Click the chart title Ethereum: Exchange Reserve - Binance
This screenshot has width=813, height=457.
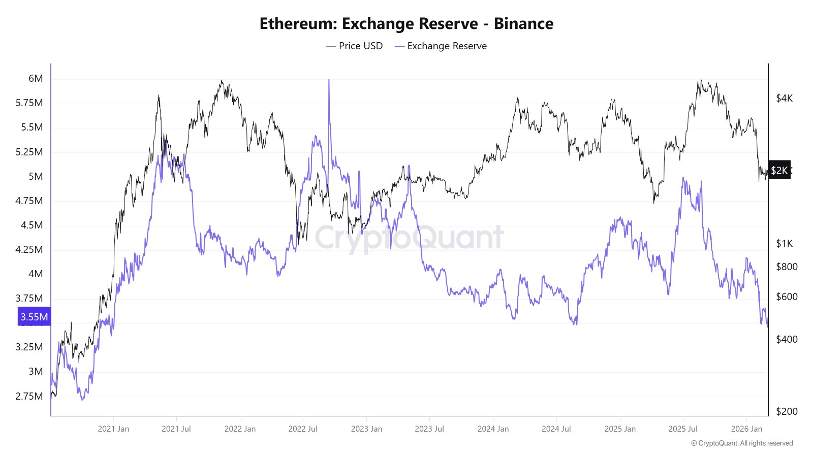tap(407, 24)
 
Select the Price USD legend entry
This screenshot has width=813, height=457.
tap(355, 46)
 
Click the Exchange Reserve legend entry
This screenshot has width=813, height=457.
tap(441, 46)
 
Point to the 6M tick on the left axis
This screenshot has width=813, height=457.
tap(36, 78)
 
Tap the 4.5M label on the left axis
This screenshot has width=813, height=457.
tap(32, 225)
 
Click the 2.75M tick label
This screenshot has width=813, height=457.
tap(29, 396)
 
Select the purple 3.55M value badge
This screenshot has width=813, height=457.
tap(34, 317)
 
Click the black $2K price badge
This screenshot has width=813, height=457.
tap(779, 171)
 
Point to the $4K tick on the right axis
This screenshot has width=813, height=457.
tap(784, 98)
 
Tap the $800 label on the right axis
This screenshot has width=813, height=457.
tap(787, 267)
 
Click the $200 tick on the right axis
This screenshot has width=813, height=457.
tap(787, 411)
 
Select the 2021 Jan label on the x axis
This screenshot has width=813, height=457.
tap(113, 429)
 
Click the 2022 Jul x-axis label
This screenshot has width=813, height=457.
tap(303, 429)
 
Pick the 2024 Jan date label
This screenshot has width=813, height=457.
tap(493, 429)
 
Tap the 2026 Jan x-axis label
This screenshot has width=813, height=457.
tap(746, 429)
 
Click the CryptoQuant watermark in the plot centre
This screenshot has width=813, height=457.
tap(409, 238)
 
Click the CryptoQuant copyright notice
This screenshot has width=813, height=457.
tap(742, 443)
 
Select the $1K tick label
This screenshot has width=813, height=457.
tap(784, 243)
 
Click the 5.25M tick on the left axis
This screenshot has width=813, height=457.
tap(29, 152)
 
